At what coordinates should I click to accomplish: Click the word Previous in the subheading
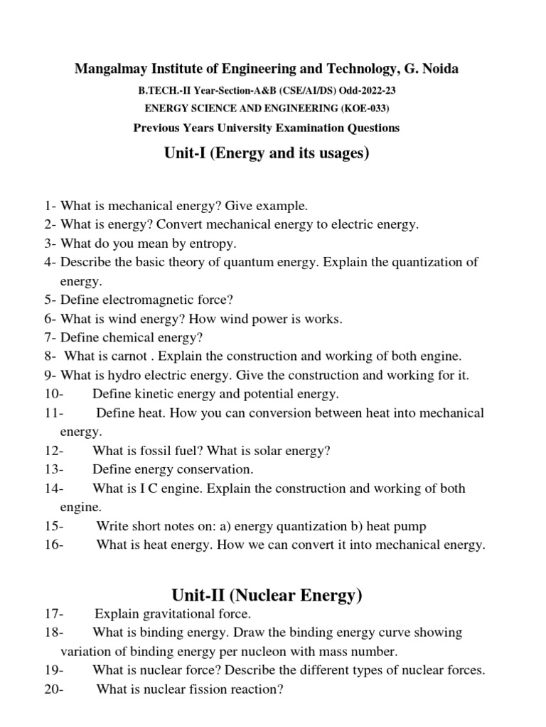tap(158, 128)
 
